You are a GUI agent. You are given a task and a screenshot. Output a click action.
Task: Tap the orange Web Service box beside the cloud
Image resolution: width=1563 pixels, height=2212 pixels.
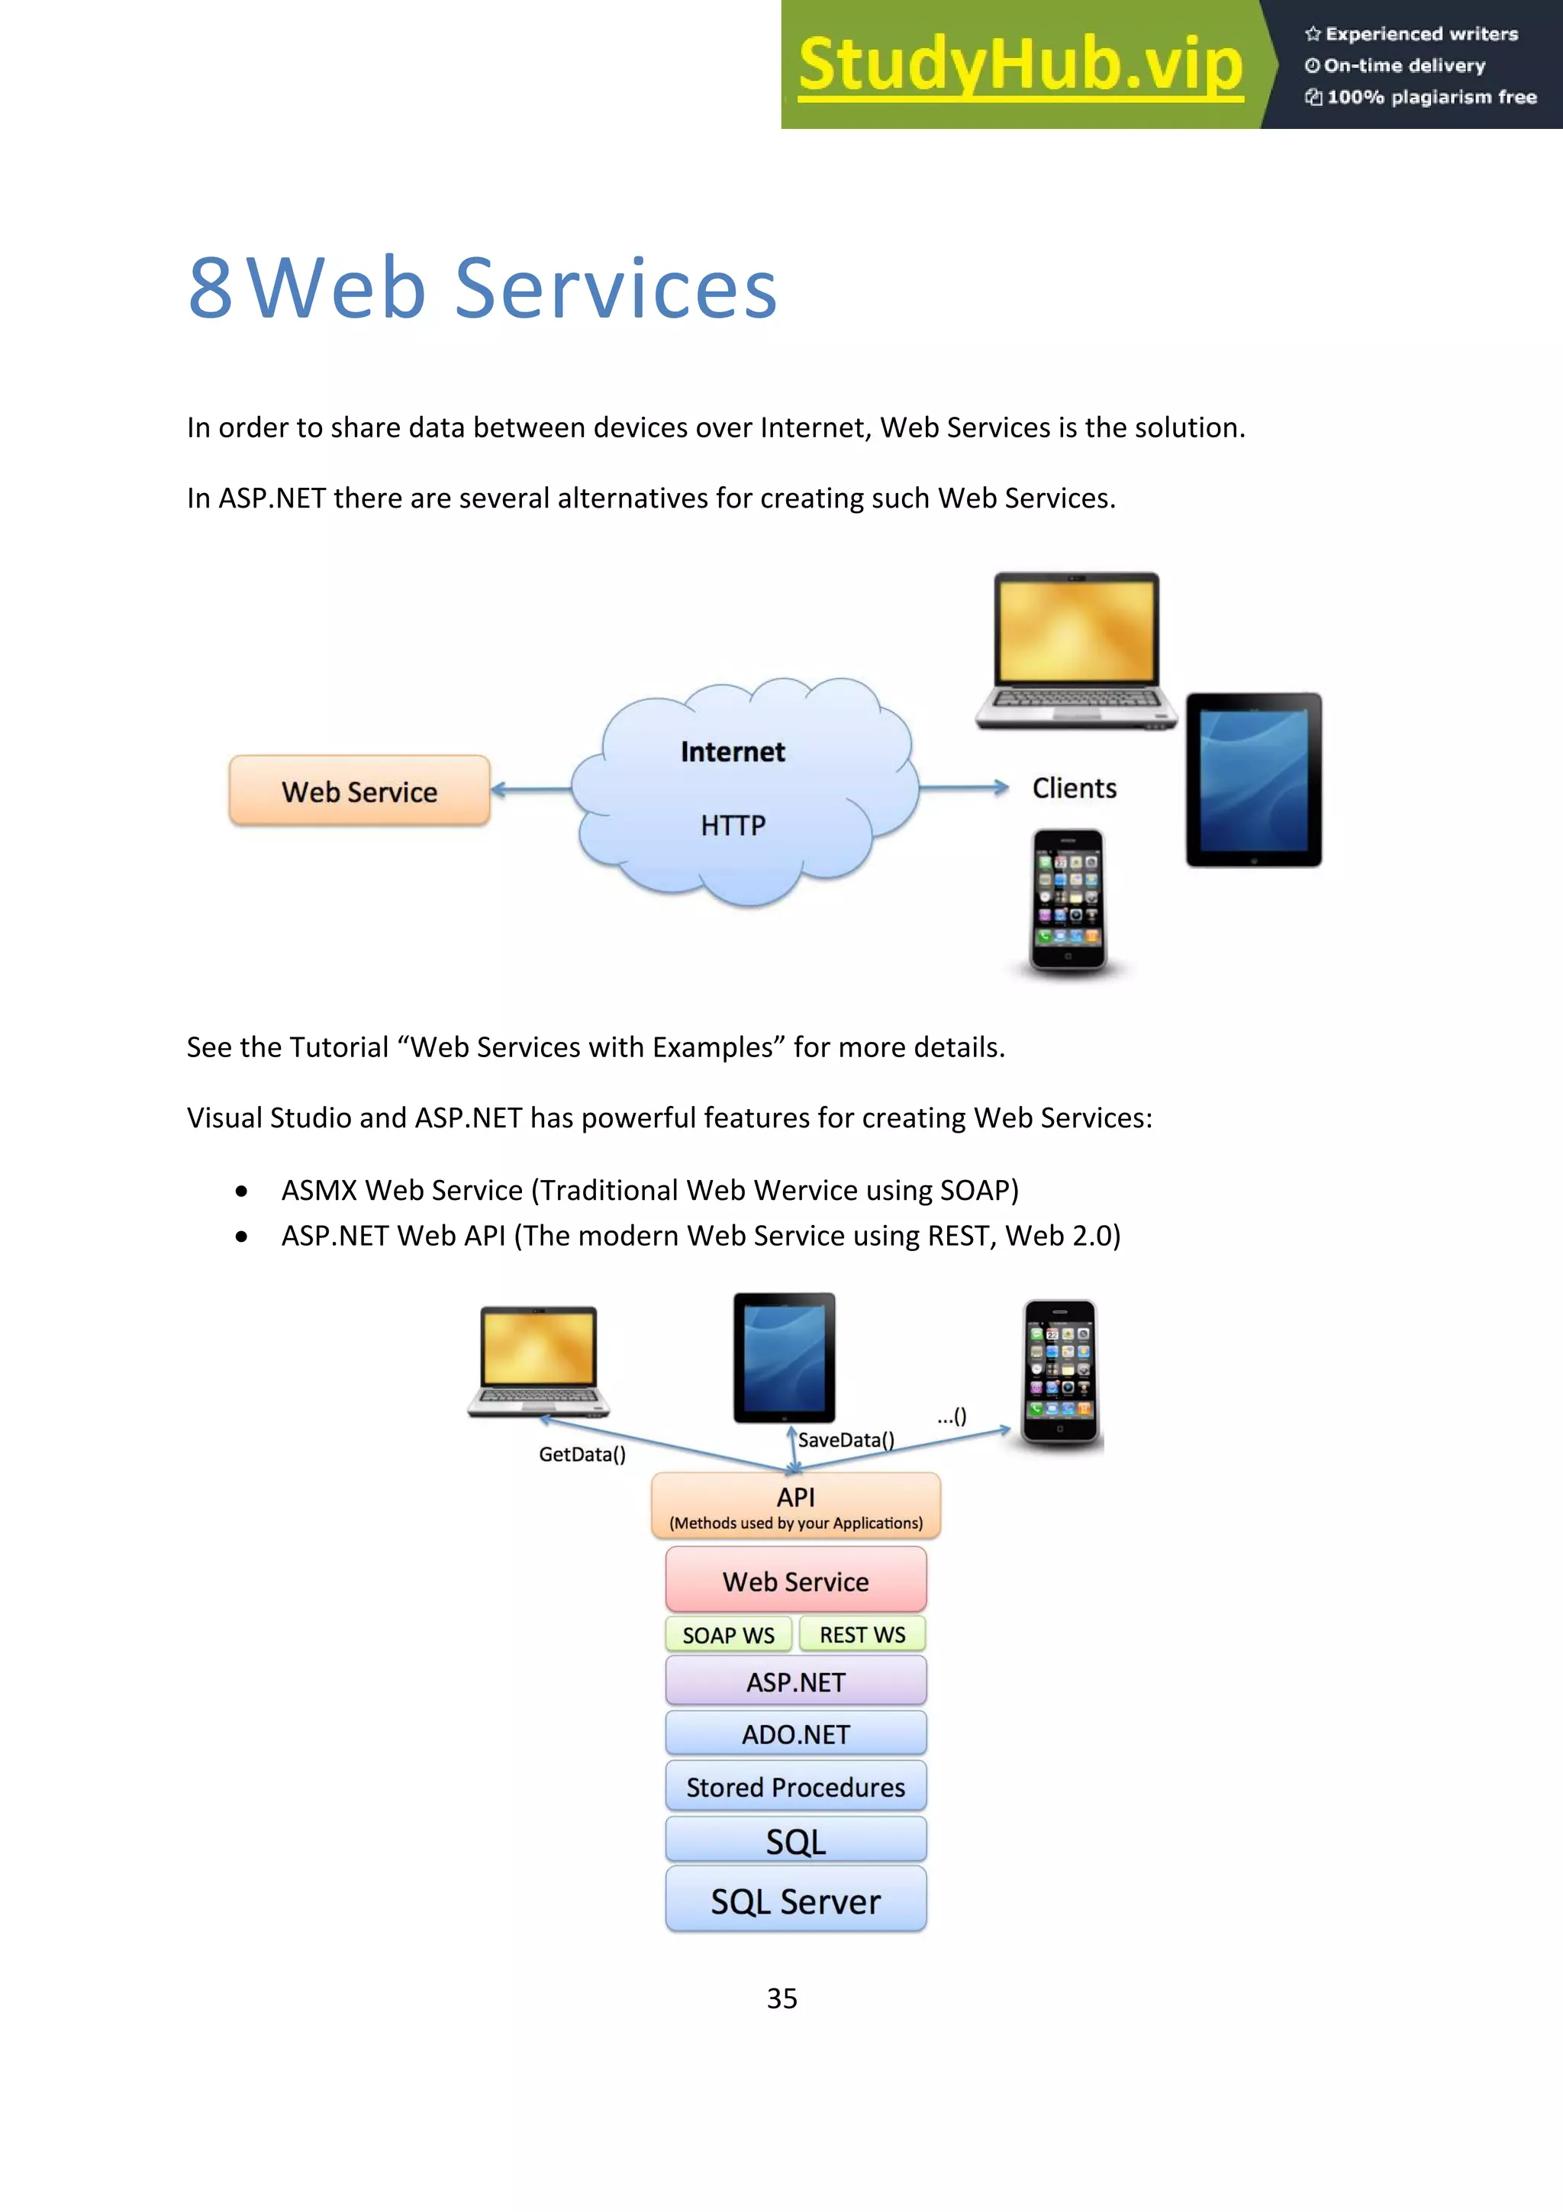coord(359,791)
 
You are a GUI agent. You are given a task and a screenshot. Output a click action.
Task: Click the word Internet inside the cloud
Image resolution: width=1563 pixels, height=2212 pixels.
coord(732,752)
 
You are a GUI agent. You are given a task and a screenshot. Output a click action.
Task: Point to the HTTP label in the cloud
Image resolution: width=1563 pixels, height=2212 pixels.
coord(733,826)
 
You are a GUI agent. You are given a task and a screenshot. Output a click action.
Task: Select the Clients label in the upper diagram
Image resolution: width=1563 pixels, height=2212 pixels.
coord(1074,788)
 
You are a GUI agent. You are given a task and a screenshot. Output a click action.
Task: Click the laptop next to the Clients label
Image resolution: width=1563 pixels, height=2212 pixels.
coord(1075,650)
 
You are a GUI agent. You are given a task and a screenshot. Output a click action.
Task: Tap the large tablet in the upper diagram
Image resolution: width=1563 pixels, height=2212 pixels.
coord(1253,779)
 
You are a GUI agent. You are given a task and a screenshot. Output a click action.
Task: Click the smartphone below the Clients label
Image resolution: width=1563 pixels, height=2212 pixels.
coord(1067,900)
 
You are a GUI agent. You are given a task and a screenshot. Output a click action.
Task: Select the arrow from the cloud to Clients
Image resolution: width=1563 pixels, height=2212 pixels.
coord(963,788)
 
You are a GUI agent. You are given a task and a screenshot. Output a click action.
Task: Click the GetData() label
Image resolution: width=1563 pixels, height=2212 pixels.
coord(582,1454)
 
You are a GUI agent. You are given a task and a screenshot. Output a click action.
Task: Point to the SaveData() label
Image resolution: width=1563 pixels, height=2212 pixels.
coord(846,1440)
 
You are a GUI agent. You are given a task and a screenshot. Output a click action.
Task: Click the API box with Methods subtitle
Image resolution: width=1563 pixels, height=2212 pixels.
coord(795,1506)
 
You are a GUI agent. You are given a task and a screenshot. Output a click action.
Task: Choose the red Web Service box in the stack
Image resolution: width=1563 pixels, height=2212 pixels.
coord(795,1580)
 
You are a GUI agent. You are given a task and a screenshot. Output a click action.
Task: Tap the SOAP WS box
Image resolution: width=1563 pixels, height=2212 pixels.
coord(728,1635)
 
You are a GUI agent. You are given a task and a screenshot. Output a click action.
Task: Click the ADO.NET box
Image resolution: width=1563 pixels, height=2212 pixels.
coord(795,1734)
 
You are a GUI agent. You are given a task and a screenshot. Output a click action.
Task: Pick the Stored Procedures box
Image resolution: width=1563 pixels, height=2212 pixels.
coord(795,1787)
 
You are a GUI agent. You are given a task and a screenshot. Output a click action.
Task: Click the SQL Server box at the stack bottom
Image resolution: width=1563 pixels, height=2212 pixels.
coord(795,1901)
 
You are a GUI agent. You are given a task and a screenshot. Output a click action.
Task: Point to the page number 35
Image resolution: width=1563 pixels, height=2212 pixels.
coord(781,1998)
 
